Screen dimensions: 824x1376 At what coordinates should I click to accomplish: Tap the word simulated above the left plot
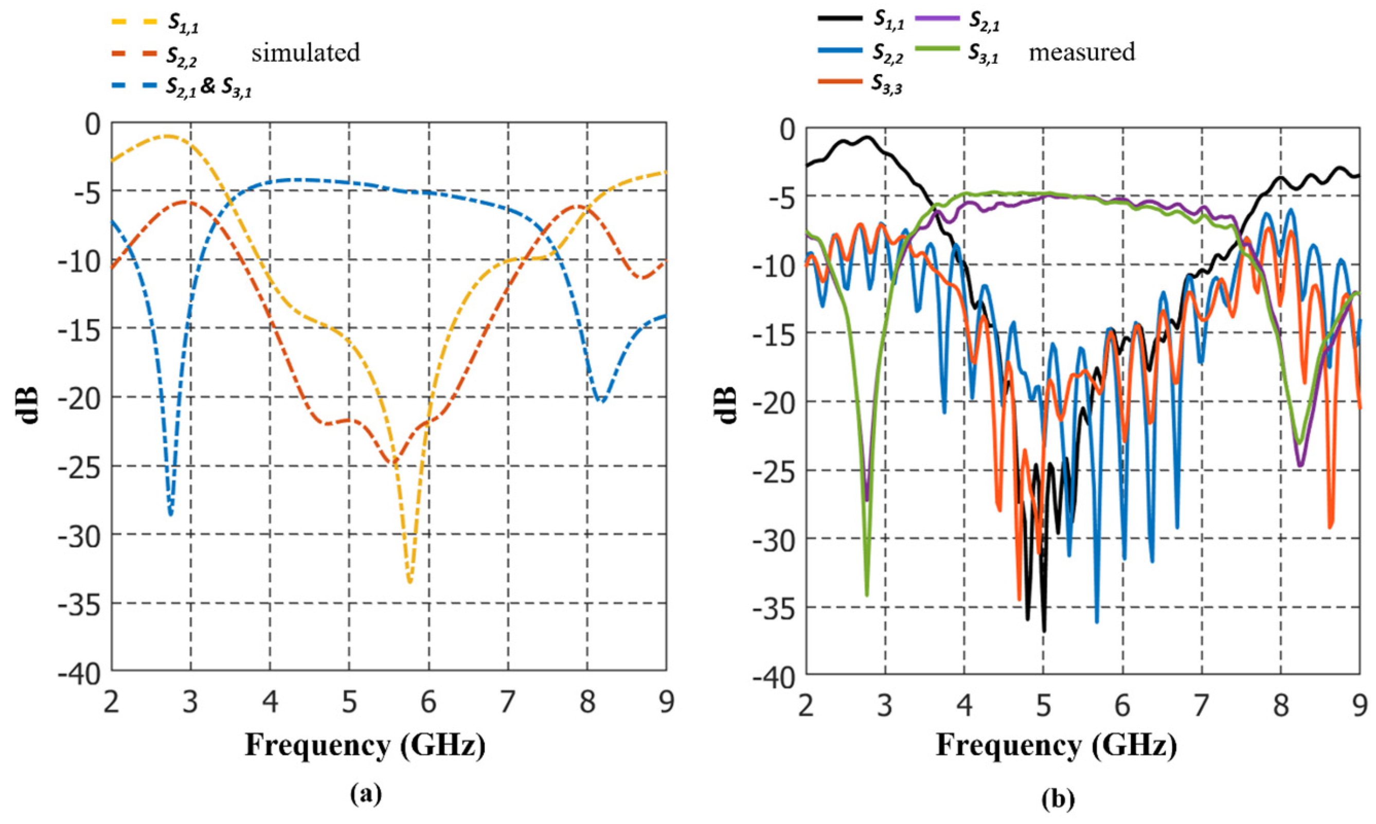click(x=306, y=53)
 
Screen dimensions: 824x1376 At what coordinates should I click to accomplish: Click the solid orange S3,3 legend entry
click(x=859, y=83)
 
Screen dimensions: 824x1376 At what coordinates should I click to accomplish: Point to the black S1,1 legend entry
click(x=859, y=20)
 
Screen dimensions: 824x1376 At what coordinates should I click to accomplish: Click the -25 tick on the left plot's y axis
click(x=81, y=467)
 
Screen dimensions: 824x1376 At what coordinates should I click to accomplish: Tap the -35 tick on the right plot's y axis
click(x=775, y=608)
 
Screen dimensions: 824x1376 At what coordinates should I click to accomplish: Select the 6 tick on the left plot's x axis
click(x=428, y=703)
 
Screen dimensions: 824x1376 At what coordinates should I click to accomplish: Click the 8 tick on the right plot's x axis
click(x=1281, y=708)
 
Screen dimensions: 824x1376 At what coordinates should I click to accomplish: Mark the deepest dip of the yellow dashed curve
click(x=410, y=581)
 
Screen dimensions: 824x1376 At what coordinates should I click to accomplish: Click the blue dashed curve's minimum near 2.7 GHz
click(x=170, y=514)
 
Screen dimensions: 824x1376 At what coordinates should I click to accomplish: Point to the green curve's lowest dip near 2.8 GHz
click(x=867, y=595)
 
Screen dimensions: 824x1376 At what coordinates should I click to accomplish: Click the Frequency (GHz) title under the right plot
click(x=1056, y=745)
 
